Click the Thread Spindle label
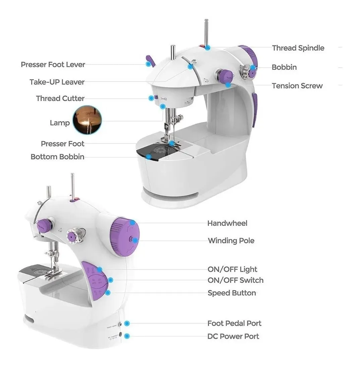pos(298,48)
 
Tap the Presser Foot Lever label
pos(53,64)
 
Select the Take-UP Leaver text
pos(57,82)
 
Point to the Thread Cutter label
pos(60,99)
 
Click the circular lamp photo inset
pos(87,120)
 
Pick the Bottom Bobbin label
pos(57,157)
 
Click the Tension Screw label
pos(297,86)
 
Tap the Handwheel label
pos(227,223)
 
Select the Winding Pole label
pos(231,241)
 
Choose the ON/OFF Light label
pos(232,269)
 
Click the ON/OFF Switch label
pos(235,280)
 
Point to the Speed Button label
pos(232,293)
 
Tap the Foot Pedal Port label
pos(234,323)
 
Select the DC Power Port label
pos(233,336)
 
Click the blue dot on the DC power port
pos(127,336)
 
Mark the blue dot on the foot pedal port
pos(127,323)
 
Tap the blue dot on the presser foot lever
pos(148,63)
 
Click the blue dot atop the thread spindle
pos(208,48)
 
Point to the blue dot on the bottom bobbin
pos(148,156)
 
